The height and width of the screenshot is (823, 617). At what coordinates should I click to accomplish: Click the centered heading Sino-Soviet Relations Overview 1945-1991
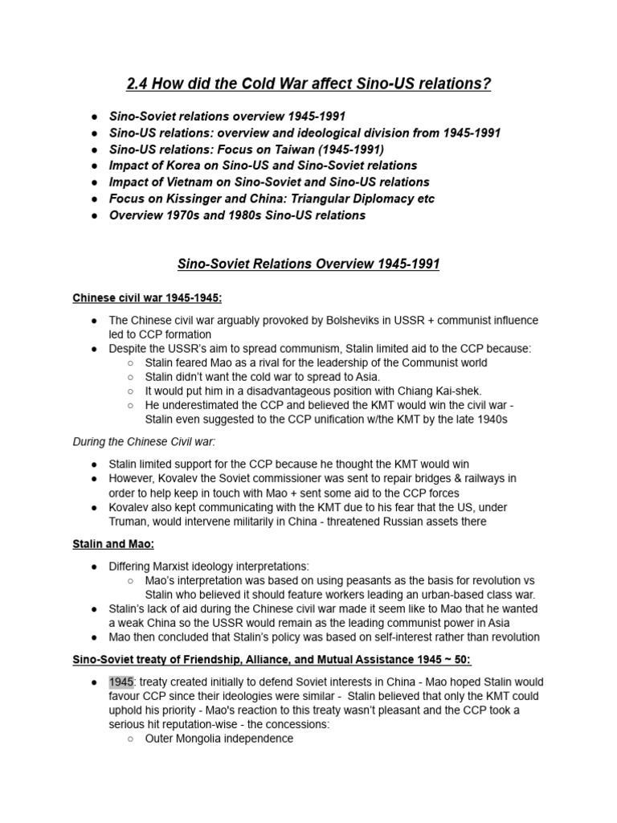click(x=308, y=264)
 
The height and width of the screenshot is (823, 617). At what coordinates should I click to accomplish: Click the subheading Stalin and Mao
click(x=108, y=544)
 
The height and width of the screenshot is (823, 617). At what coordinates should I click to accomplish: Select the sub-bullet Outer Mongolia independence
click(x=219, y=739)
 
